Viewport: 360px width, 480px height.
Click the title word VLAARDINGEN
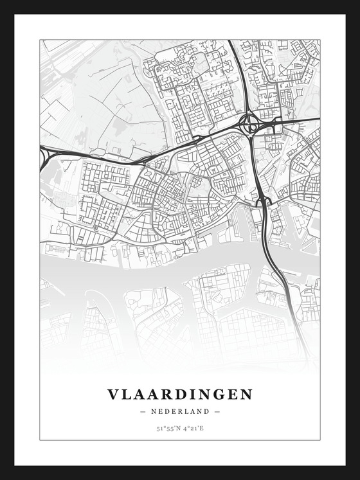tap(180, 395)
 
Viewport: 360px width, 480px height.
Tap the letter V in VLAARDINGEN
tap(113, 395)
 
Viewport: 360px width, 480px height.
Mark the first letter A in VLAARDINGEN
tap(139, 395)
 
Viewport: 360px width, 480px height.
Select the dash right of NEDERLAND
tap(217, 411)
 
